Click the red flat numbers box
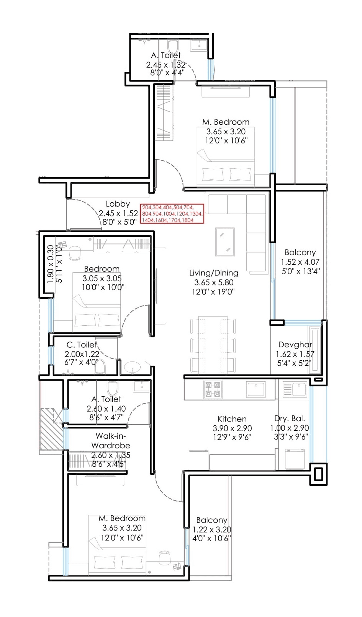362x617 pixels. tap(172, 214)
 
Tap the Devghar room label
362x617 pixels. tap(295, 345)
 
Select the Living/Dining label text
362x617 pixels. tap(214, 273)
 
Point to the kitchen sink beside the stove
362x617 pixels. tap(256, 389)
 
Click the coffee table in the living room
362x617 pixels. tap(225, 241)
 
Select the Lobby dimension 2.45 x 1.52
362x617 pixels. tap(118, 213)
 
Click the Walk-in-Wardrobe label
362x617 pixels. tap(110, 441)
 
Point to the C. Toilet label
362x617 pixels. tap(82, 345)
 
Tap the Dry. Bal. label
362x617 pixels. tap(290, 418)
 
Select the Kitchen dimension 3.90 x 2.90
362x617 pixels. tap(232, 428)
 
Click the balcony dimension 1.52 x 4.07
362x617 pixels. tap(300, 262)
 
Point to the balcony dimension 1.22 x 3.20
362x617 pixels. tap(211, 530)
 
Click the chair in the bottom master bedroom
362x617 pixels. tap(165, 558)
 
